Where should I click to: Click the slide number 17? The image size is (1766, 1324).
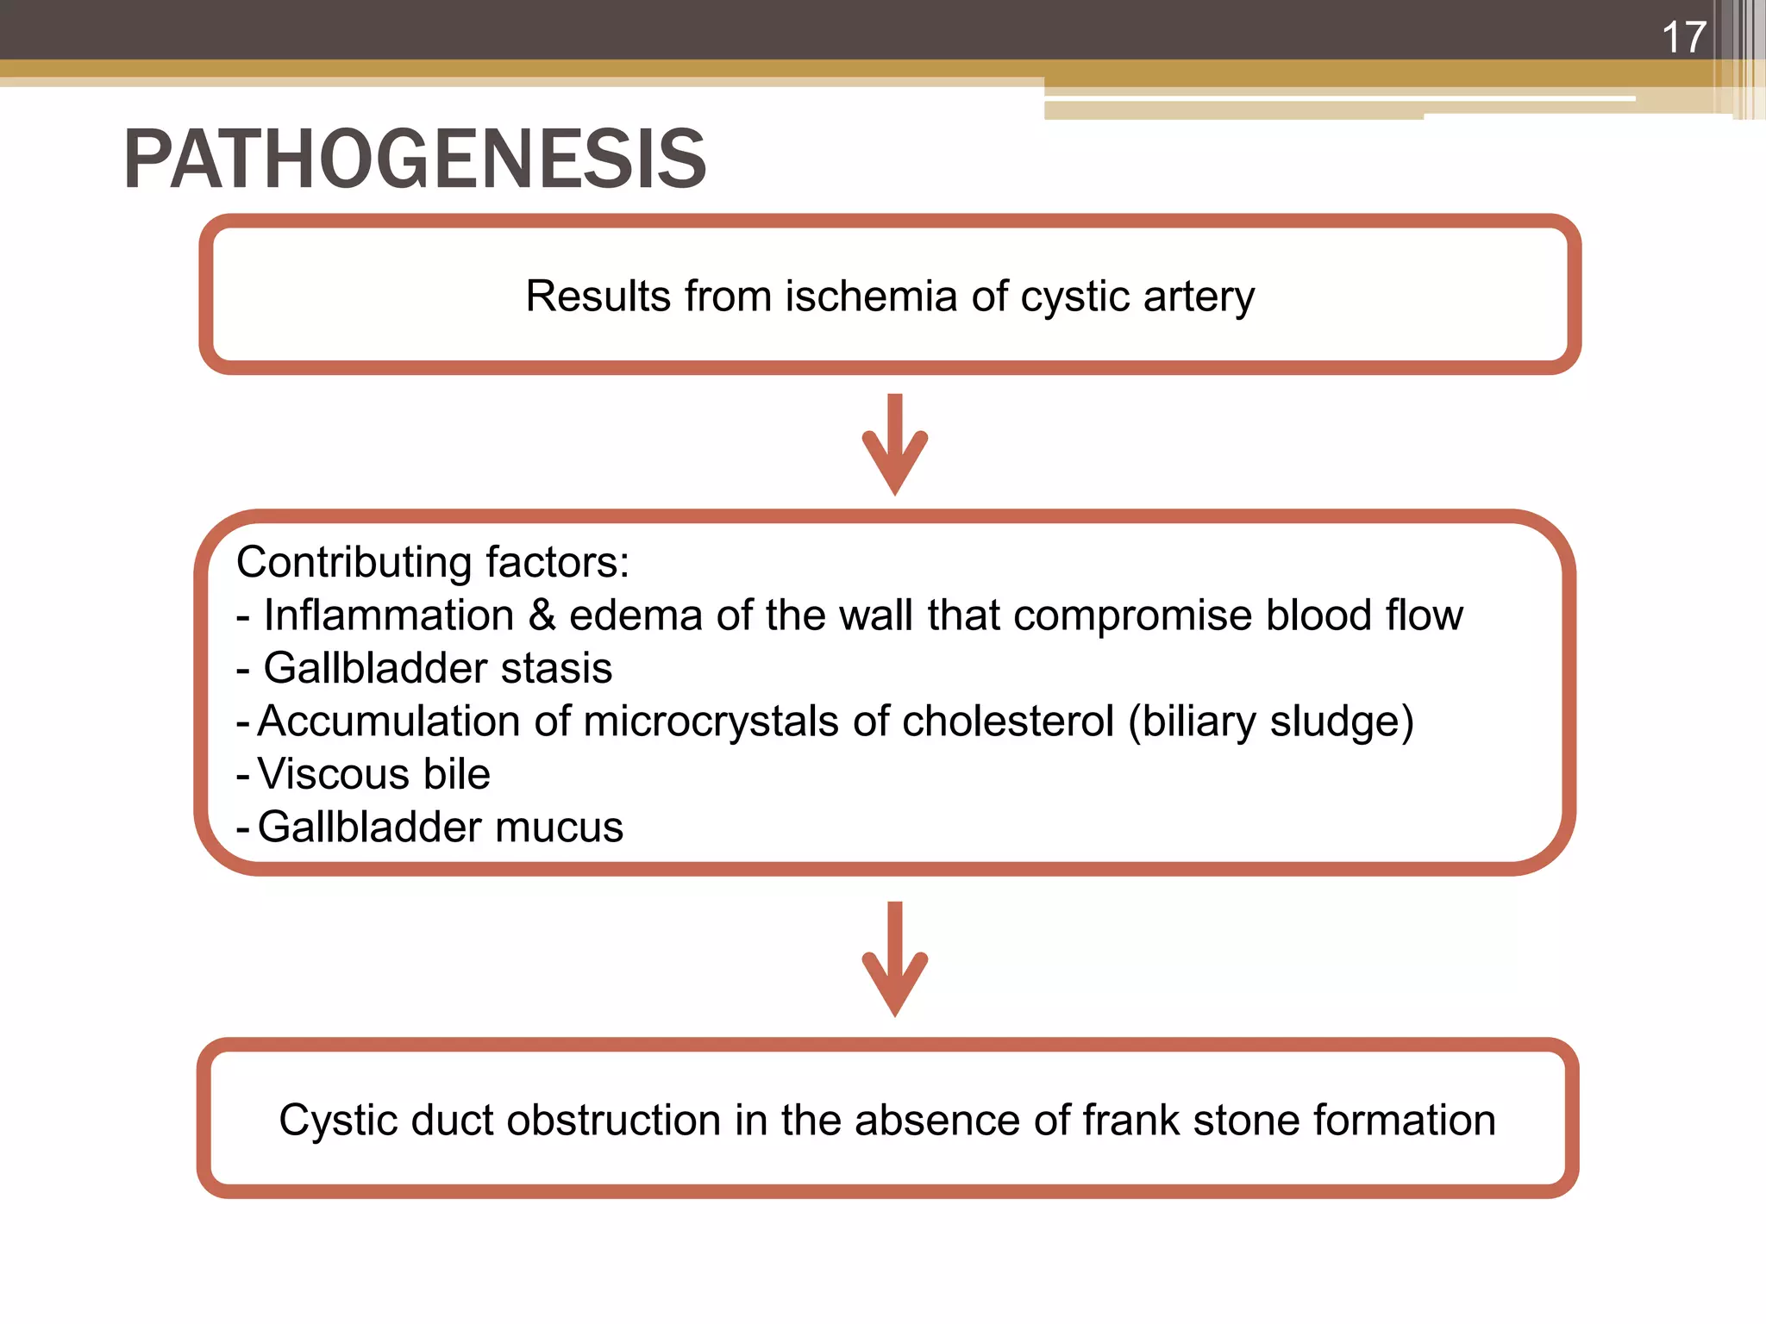(x=1683, y=38)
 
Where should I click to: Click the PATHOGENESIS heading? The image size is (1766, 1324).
(x=415, y=159)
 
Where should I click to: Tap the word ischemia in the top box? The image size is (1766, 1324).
(x=871, y=297)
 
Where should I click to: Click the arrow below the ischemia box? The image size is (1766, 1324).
(x=895, y=445)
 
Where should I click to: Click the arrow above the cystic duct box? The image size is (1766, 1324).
(x=895, y=959)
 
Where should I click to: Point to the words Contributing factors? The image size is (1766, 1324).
(x=433, y=562)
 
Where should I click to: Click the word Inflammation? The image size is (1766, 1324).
(x=389, y=615)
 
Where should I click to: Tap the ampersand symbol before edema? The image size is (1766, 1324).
(x=542, y=615)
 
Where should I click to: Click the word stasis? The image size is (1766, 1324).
(x=556, y=668)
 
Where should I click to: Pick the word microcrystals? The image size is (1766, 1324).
(x=711, y=721)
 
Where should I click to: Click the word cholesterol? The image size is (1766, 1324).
(x=1007, y=721)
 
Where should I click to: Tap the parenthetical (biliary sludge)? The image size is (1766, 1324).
(x=1271, y=721)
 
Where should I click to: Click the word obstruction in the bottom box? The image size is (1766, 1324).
(x=614, y=1121)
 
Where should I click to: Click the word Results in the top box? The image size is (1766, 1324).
(x=598, y=297)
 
